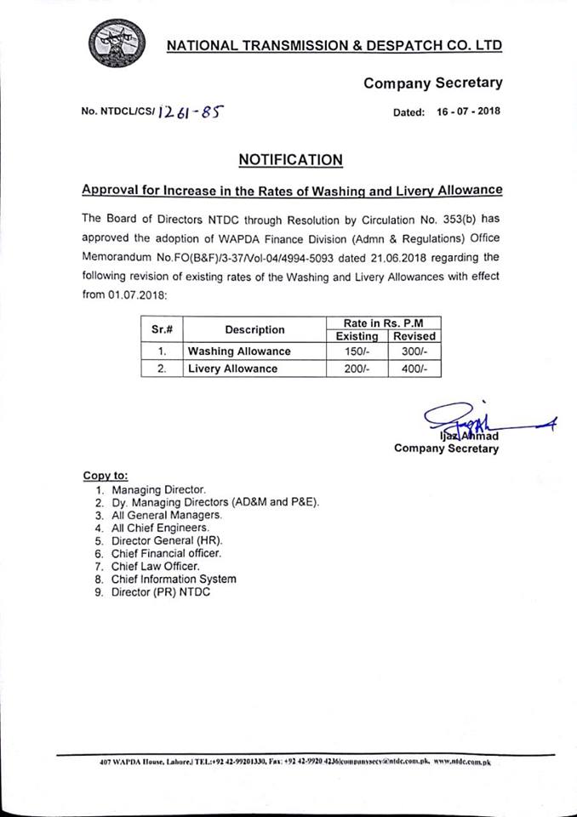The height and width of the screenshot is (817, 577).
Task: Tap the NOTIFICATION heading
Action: click(290, 159)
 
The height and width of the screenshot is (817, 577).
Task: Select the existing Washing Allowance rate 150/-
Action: click(356, 351)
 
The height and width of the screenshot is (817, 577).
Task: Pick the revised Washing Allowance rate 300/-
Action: click(413, 351)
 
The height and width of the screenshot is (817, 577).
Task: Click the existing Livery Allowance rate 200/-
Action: click(356, 369)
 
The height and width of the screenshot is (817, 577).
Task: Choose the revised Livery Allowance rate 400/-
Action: click(413, 369)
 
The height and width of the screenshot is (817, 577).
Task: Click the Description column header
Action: click(254, 329)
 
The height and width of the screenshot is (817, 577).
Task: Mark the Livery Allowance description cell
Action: click(233, 369)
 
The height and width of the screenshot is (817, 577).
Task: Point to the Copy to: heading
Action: click(105, 476)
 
